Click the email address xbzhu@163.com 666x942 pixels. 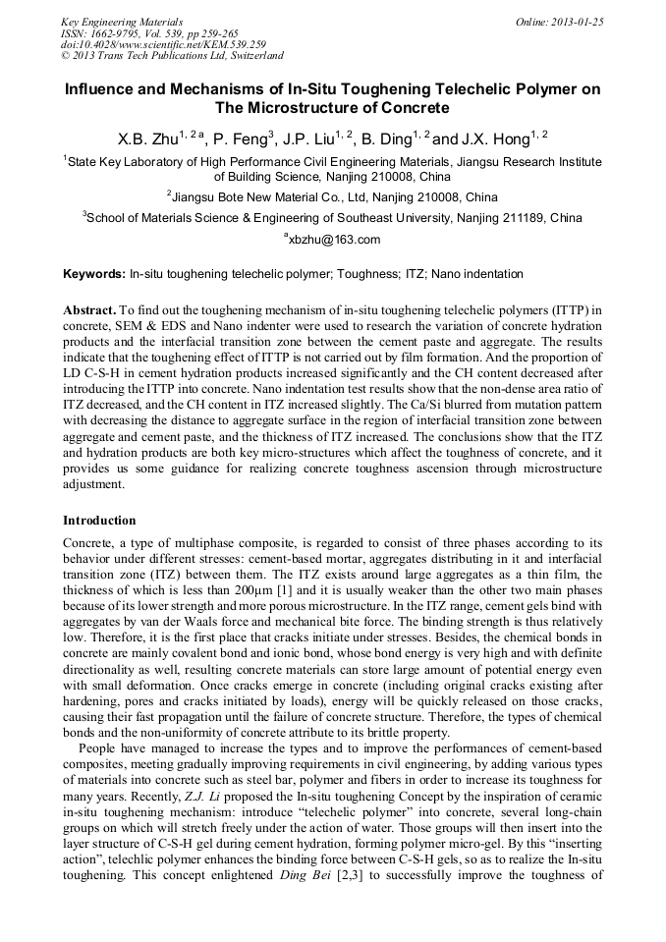(335, 240)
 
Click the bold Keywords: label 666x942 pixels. (94, 274)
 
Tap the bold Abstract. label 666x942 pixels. (90, 309)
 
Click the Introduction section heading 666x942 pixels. (99, 521)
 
